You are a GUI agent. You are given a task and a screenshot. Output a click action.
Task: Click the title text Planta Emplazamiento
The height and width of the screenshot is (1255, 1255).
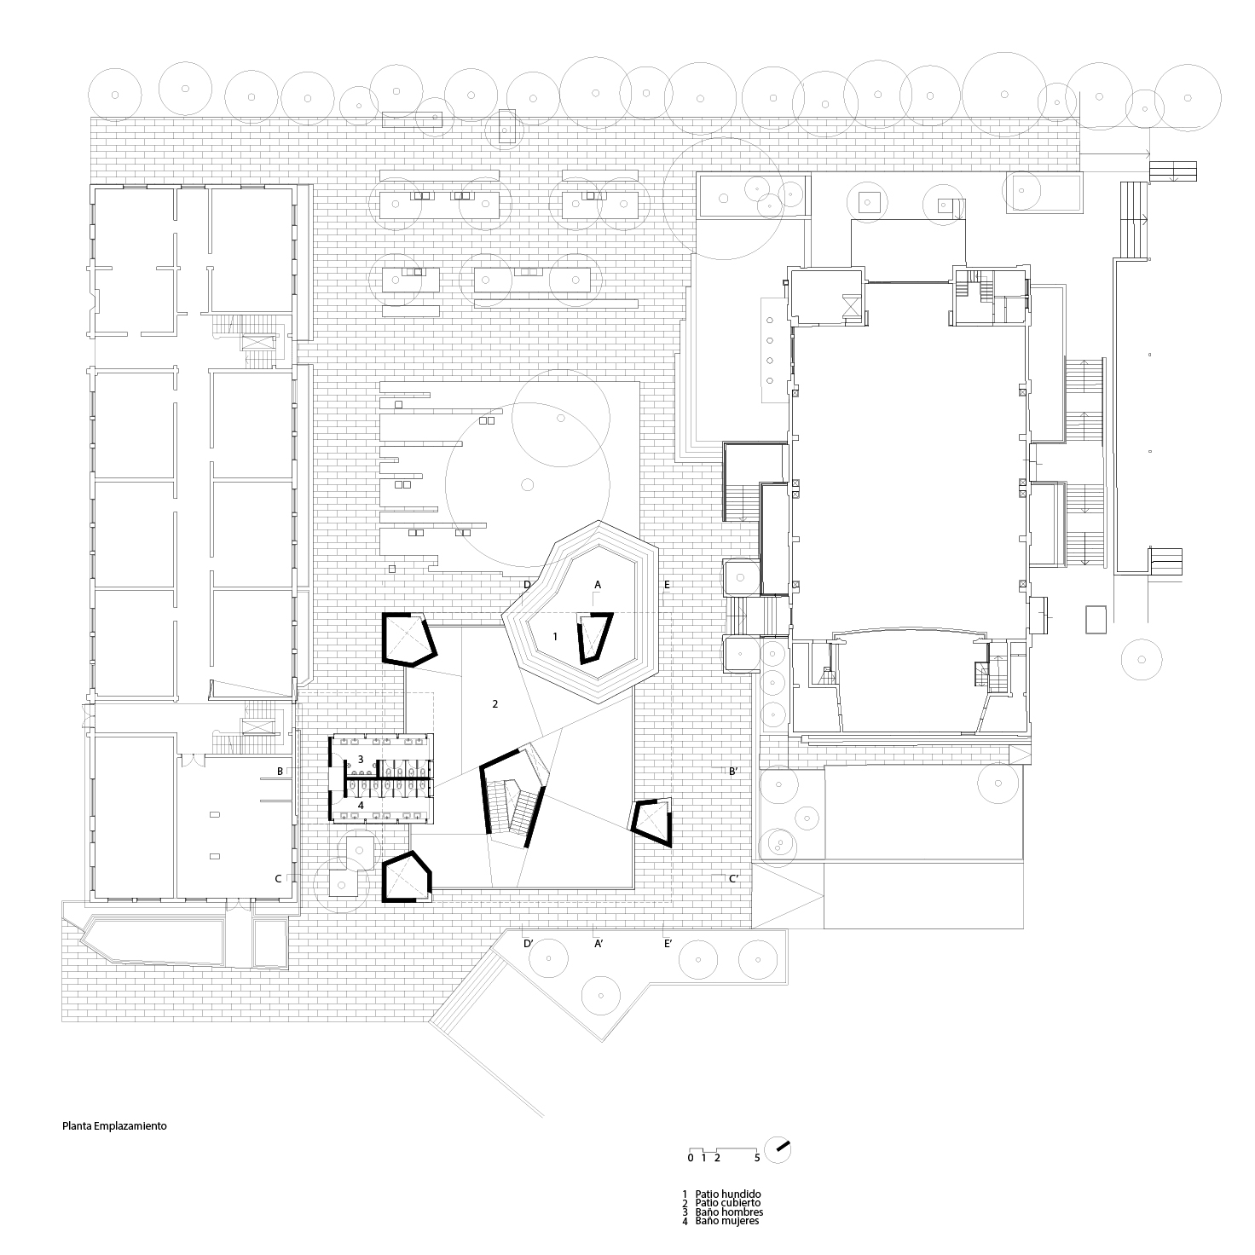(x=114, y=1125)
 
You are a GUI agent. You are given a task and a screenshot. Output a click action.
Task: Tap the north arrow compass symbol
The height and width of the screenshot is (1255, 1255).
(x=778, y=1150)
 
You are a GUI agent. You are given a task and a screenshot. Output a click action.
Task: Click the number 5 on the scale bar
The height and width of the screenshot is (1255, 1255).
(x=757, y=1158)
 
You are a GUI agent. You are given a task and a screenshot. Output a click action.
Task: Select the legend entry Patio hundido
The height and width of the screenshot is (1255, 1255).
(x=728, y=1194)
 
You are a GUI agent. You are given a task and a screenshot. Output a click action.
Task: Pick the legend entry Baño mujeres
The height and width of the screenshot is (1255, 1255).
(x=726, y=1221)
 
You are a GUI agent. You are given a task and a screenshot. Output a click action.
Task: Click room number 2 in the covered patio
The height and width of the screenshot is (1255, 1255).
(x=495, y=704)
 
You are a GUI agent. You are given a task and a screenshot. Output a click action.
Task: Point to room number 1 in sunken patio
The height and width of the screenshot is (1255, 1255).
(x=555, y=636)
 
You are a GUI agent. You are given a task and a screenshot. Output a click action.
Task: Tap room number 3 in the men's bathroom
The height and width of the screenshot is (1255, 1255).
(x=361, y=760)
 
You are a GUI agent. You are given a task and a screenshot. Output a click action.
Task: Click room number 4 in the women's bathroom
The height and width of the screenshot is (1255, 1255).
(x=361, y=806)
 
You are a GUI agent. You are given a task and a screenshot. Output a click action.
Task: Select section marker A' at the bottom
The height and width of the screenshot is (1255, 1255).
(x=599, y=943)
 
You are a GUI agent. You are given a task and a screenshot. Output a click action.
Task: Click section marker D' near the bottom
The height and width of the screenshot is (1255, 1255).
(x=529, y=943)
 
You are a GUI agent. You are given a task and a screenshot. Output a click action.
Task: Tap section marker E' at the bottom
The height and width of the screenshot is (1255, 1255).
(x=668, y=943)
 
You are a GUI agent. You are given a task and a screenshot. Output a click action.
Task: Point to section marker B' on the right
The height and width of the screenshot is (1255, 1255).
(x=732, y=772)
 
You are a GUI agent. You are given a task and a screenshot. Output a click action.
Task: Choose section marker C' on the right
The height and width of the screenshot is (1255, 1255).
(x=733, y=879)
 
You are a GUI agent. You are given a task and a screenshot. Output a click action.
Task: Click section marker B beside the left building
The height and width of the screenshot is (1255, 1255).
(x=280, y=771)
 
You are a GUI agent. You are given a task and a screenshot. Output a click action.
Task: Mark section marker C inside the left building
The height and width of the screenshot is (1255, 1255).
(x=278, y=879)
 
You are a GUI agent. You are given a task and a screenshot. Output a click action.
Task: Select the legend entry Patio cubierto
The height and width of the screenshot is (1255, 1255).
(x=727, y=1203)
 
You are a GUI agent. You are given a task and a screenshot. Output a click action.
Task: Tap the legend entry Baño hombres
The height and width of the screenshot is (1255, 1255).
(x=729, y=1212)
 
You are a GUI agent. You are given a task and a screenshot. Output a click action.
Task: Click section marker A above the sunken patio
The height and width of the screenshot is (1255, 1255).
(x=598, y=585)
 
